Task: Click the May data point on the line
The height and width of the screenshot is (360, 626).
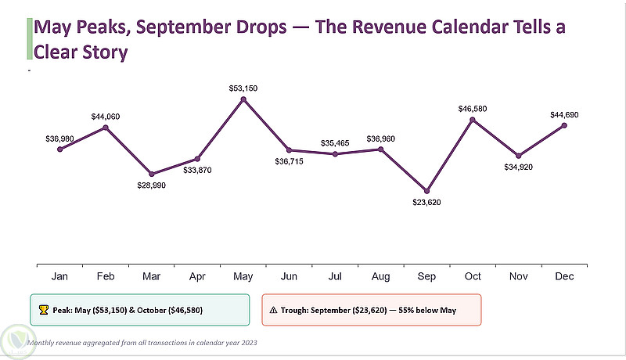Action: click(x=243, y=99)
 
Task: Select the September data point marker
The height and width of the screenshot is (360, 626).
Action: click(x=426, y=191)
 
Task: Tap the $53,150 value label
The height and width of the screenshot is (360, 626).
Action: click(x=243, y=88)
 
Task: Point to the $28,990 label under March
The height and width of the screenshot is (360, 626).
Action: click(x=151, y=185)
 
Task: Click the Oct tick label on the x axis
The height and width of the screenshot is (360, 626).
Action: click(x=473, y=276)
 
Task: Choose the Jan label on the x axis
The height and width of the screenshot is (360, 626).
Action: click(x=59, y=276)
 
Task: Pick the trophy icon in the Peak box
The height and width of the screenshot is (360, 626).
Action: click(x=44, y=310)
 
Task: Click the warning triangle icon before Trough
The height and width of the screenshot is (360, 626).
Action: click(x=273, y=310)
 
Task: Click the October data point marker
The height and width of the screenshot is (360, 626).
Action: click(x=473, y=120)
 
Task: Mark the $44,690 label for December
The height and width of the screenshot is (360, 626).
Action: click(x=564, y=115)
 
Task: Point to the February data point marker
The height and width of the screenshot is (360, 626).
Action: click(x=106, y=128)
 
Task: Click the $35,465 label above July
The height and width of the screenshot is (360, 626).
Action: click(x=335, y=143)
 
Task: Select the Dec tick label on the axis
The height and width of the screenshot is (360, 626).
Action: click(x=564, y=276)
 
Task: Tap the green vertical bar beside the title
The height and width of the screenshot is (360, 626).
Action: click(x=30, y=38)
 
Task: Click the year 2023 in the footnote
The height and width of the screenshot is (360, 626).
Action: click(x=249, y=343)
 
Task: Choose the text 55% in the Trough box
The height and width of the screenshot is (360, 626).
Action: click(x=406, y=310)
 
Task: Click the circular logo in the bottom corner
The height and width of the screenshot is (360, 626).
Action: click(x=18, y=342)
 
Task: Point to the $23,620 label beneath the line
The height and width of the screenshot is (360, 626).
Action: click(x=426, y=203)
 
